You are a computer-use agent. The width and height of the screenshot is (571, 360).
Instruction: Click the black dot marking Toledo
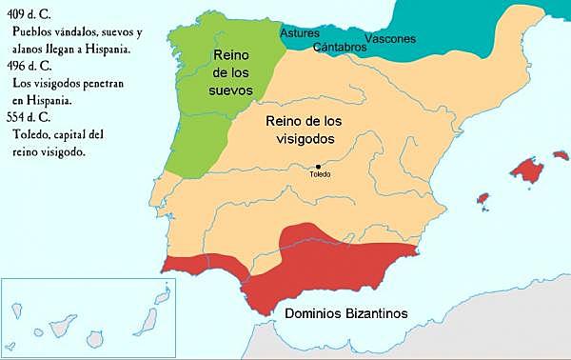[x=319, y=167]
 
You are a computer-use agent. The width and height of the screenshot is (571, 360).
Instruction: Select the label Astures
[x=300, y=33]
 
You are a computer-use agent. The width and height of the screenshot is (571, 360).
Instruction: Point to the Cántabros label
[x=339, y=46]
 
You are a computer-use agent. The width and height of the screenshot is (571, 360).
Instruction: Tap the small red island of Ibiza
[x=482, y=201]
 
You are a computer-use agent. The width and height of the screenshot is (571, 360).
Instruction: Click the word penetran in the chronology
[x=101, y=82]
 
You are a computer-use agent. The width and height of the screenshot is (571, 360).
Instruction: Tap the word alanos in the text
[x=30, y=48]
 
